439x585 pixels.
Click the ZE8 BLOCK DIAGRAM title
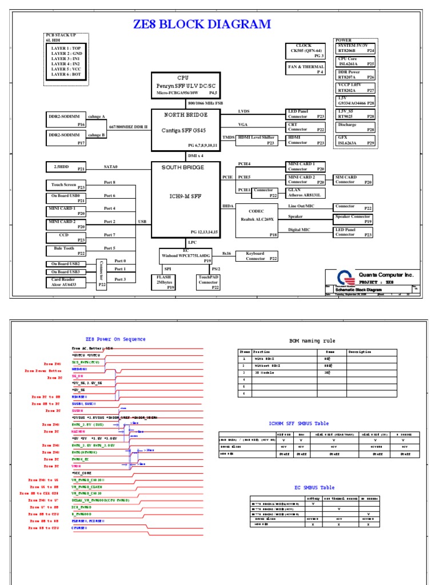pyautogui.click(x=202, y=24)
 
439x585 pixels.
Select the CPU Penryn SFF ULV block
pyautogui.click(x=185, y=85)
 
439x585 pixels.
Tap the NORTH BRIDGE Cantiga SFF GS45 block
pyautogui.click(x=185, y=130)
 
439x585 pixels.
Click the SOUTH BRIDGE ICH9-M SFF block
pyautogui.click(x=185, y=199)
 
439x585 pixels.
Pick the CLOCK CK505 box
pyautogui.click(x=304, y=50)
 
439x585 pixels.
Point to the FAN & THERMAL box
pyautogui.click(x=304, y=69)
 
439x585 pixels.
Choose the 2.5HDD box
pyautogui.click(x=66, y=167)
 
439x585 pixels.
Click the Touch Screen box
pyautogui.click(x=66, y=185)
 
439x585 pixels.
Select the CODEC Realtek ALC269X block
pyautogui.click(x=257, y=219)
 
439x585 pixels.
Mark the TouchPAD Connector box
pyautogui.click(x=207, y=282)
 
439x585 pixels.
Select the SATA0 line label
pyautogui.click(x=110, y=167)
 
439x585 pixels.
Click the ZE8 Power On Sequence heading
pyautogui.click(x=115, y=339)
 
